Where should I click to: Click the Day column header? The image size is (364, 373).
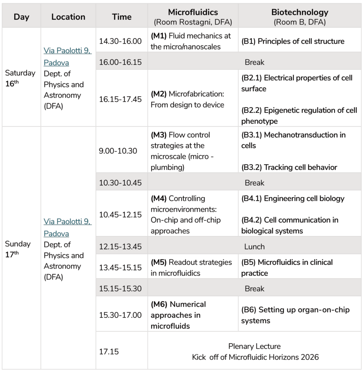coord(21,17)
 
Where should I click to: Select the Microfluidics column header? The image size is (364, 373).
coord(193,12)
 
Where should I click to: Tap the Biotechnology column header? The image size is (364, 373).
coord(300,12)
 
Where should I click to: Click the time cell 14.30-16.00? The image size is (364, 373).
coord(120,41)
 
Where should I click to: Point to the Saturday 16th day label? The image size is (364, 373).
coord(20,78)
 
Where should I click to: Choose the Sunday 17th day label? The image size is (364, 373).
coord(18,249)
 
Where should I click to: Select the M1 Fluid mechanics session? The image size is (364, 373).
coord(191,41)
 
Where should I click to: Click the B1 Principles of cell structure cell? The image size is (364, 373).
coord(293,41)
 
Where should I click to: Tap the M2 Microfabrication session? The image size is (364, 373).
coord(187,99)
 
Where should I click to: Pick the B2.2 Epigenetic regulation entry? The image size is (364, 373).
coord(299,115)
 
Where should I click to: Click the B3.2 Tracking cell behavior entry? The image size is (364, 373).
coord(289,167)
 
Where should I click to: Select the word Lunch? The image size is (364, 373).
coord(254,247)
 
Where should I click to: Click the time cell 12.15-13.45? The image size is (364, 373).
coord(120,247)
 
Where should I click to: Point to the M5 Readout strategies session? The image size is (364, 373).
coord(191,267)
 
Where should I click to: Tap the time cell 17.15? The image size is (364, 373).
coord(109,352)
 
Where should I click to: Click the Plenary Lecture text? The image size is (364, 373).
coord(254,346)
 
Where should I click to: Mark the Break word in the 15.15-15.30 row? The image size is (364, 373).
coord(254,288)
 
